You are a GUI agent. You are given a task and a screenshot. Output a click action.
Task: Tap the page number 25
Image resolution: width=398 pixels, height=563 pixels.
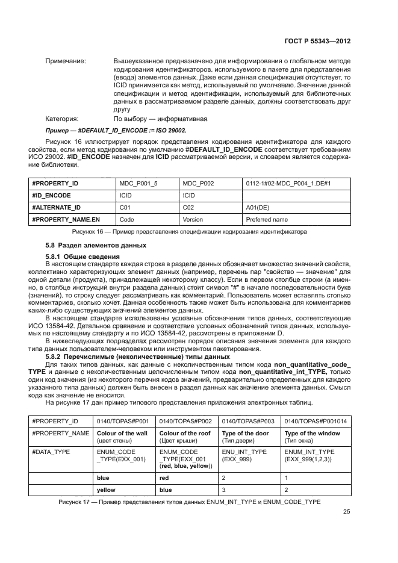(x=346, y=512)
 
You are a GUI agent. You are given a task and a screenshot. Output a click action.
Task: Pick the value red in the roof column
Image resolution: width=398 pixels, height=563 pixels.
(x=164, y=478)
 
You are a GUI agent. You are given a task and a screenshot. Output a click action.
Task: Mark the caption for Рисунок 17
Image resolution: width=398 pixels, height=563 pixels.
(x=189, y=502)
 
